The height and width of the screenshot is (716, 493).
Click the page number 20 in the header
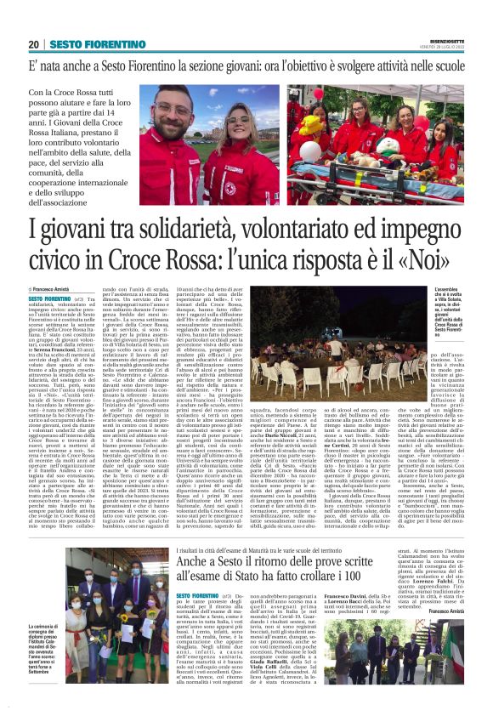click(x=33, y=44)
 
